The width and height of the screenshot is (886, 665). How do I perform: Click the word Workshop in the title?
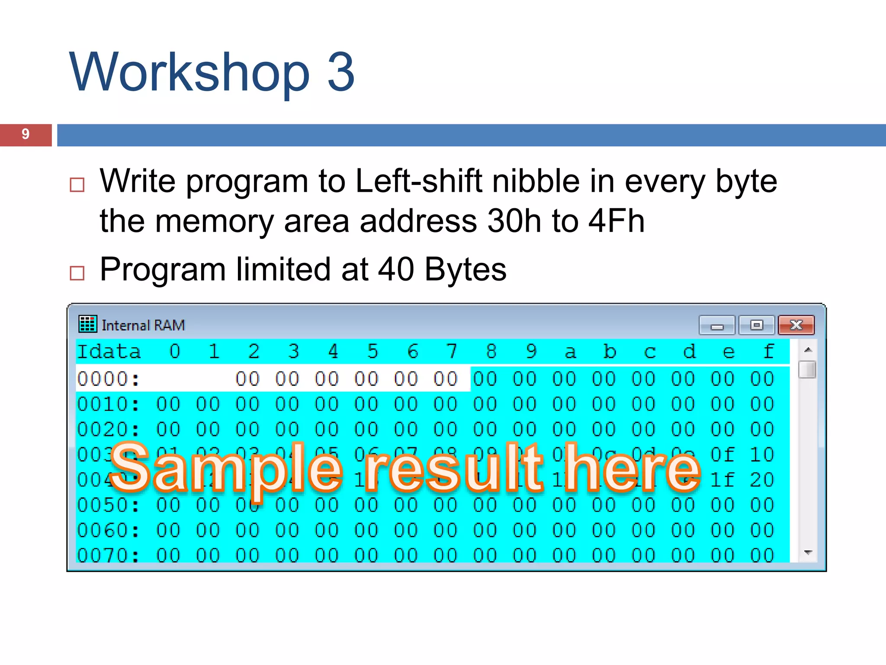(189, 72)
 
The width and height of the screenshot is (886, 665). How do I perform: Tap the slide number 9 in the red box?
(26, 135)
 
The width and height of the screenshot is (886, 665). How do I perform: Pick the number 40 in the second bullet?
(396, 269)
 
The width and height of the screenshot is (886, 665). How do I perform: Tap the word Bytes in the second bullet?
(465, 269)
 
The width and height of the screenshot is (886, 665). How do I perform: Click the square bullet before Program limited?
(77, 273)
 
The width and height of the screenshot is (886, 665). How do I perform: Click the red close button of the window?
(796, 325)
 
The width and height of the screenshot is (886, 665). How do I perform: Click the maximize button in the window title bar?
(756, 325)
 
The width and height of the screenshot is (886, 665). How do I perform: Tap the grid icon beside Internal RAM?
(87, 324)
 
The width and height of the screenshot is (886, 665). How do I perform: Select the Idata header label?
(109, 352)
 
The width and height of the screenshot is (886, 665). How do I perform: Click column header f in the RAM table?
(769, 352)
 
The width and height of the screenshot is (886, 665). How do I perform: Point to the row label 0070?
(109, 555)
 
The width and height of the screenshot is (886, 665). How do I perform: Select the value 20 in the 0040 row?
(762, 480)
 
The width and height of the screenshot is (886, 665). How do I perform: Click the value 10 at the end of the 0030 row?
(762, 455)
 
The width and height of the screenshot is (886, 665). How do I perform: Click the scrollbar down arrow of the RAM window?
(807, 552)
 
